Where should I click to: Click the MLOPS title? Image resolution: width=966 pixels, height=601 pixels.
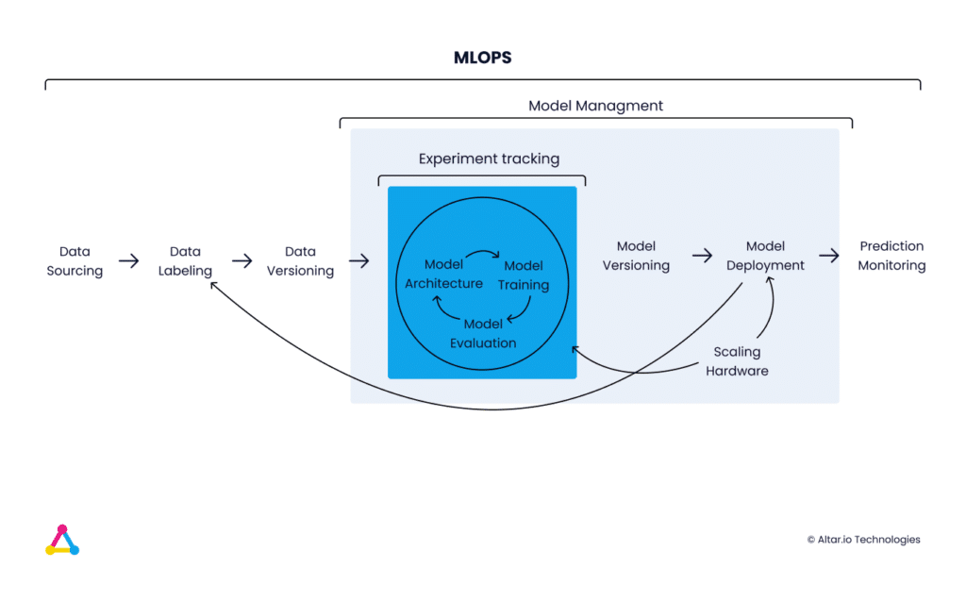[x=482, y=58]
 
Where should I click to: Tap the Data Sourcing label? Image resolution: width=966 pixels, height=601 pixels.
[x=75, y=260]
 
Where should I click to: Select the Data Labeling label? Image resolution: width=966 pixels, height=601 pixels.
[x=185, y=260]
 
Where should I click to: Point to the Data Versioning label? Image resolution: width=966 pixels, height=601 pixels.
[x=300, y=260]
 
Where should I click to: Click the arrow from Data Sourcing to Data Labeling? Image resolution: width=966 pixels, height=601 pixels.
[x=128, y=260]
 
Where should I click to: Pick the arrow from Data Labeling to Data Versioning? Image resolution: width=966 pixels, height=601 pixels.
[x=242, y=260]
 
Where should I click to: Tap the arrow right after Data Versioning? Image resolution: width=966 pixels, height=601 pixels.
[x=358, y=260]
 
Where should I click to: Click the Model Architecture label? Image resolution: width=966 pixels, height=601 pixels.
[x=443, y=274]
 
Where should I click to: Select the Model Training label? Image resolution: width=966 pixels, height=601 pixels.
[x=524, y=275]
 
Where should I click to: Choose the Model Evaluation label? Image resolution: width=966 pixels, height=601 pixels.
[x=483, y=333]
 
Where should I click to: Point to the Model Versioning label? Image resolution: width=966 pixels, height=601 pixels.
[x=636, y=255]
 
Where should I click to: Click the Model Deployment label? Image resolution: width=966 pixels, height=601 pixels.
[x=765, y=255]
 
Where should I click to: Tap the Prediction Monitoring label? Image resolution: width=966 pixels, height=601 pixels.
[x=891, y=255]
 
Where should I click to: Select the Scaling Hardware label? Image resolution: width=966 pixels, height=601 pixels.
[x=737, y=361]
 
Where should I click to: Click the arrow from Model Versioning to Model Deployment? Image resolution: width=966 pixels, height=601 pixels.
[x=702, y=255]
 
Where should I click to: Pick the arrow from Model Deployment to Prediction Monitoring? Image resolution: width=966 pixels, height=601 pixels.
[x=828, y=255]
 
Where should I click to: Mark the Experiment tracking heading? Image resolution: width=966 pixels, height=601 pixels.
[x=490, y=159]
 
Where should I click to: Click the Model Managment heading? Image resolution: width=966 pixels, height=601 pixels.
[x=596, y=106]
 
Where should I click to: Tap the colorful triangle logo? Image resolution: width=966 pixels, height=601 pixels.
[x=62, y=540]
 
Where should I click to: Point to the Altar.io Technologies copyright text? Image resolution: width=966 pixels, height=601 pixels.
[x=864, y=540]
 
